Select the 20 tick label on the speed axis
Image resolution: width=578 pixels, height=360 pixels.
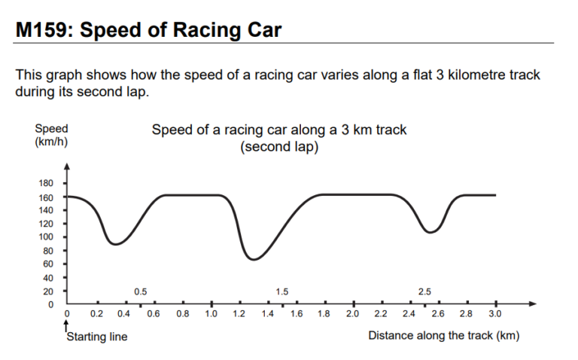click(x=48, y=291)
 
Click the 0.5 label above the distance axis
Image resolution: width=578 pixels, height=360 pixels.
click(x=140, y=291)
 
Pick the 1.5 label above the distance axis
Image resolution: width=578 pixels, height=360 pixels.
click(x=282, y=291)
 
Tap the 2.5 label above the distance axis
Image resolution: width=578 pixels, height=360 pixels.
click(x=424, y=291)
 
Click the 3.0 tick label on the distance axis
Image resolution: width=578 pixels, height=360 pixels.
click(x=495, y=313)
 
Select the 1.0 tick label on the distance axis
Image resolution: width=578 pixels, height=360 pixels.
click(x=211, y=313)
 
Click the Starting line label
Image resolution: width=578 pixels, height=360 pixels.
click(x=97, y=337)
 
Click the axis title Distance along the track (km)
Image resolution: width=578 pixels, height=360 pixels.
click(x=443, y=335)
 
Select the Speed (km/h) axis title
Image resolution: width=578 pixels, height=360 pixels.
click(x=51, y=136)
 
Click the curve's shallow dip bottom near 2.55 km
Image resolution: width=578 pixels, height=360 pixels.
click(x=430, y=232)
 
